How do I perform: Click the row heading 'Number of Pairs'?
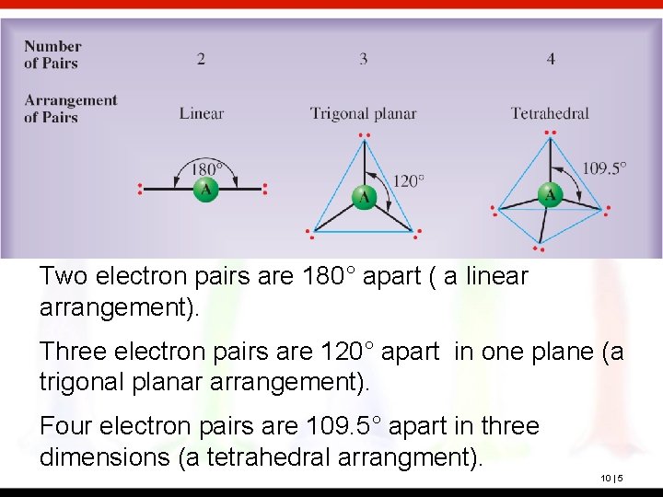click(52, 54)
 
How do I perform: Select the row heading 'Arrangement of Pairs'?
click(70, 109)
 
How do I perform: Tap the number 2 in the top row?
click(201, 59)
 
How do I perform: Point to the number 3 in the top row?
click(364, 59)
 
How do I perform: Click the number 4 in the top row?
click(551, 59)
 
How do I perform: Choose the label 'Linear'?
click(202, 114)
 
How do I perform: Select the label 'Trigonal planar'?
click(363, 114)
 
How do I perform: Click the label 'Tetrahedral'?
click(550, 114)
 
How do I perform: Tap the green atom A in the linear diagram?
click(204, 190)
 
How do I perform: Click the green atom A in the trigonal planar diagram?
click(365, 196)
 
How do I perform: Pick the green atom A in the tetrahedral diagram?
click(550, 194)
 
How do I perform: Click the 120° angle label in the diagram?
click(408, 180)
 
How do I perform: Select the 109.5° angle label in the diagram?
click(604, 168)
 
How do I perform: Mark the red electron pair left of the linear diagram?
click(140, 190)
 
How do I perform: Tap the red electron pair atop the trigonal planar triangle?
click(365, 135)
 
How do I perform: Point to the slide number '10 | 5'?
click(612, 478)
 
